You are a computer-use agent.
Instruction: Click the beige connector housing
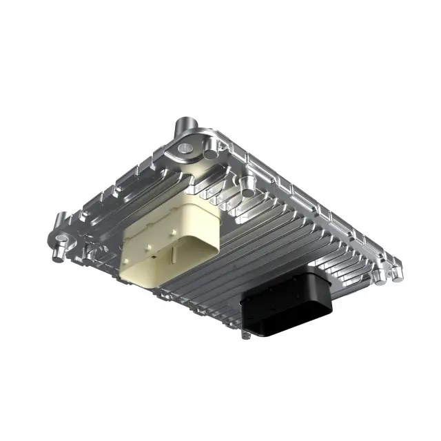coord(169,238)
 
